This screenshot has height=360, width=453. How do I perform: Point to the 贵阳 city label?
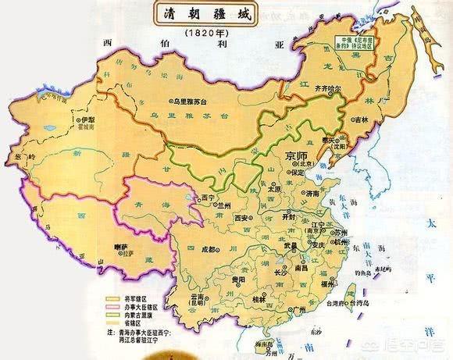coord(237,278)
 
